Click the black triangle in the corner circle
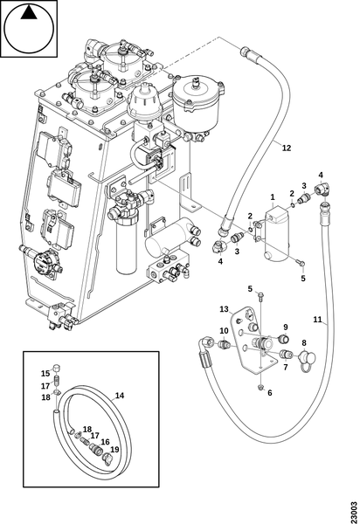(x=29, y=13)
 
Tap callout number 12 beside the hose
(x=287, y=148)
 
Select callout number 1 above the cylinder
(x=273, y=196)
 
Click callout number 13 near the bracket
(x=224, y=309)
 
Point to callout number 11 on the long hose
(x=317, y=320)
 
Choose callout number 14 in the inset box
(x=120, y=396)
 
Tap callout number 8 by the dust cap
(x=303, y=343)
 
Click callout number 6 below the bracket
(x=270, y=393)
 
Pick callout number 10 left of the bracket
(x=224, y=331)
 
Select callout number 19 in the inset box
(x=114, y=450)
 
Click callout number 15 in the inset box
(x=45, y=373)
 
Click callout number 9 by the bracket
(x=286, y=327)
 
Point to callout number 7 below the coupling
(x=285, y=368)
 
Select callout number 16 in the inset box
(x=105, y=442)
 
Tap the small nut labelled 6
(x=261, y=387)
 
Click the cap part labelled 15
(x=57, y=368)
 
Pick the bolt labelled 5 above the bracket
(x=260, y=296)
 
